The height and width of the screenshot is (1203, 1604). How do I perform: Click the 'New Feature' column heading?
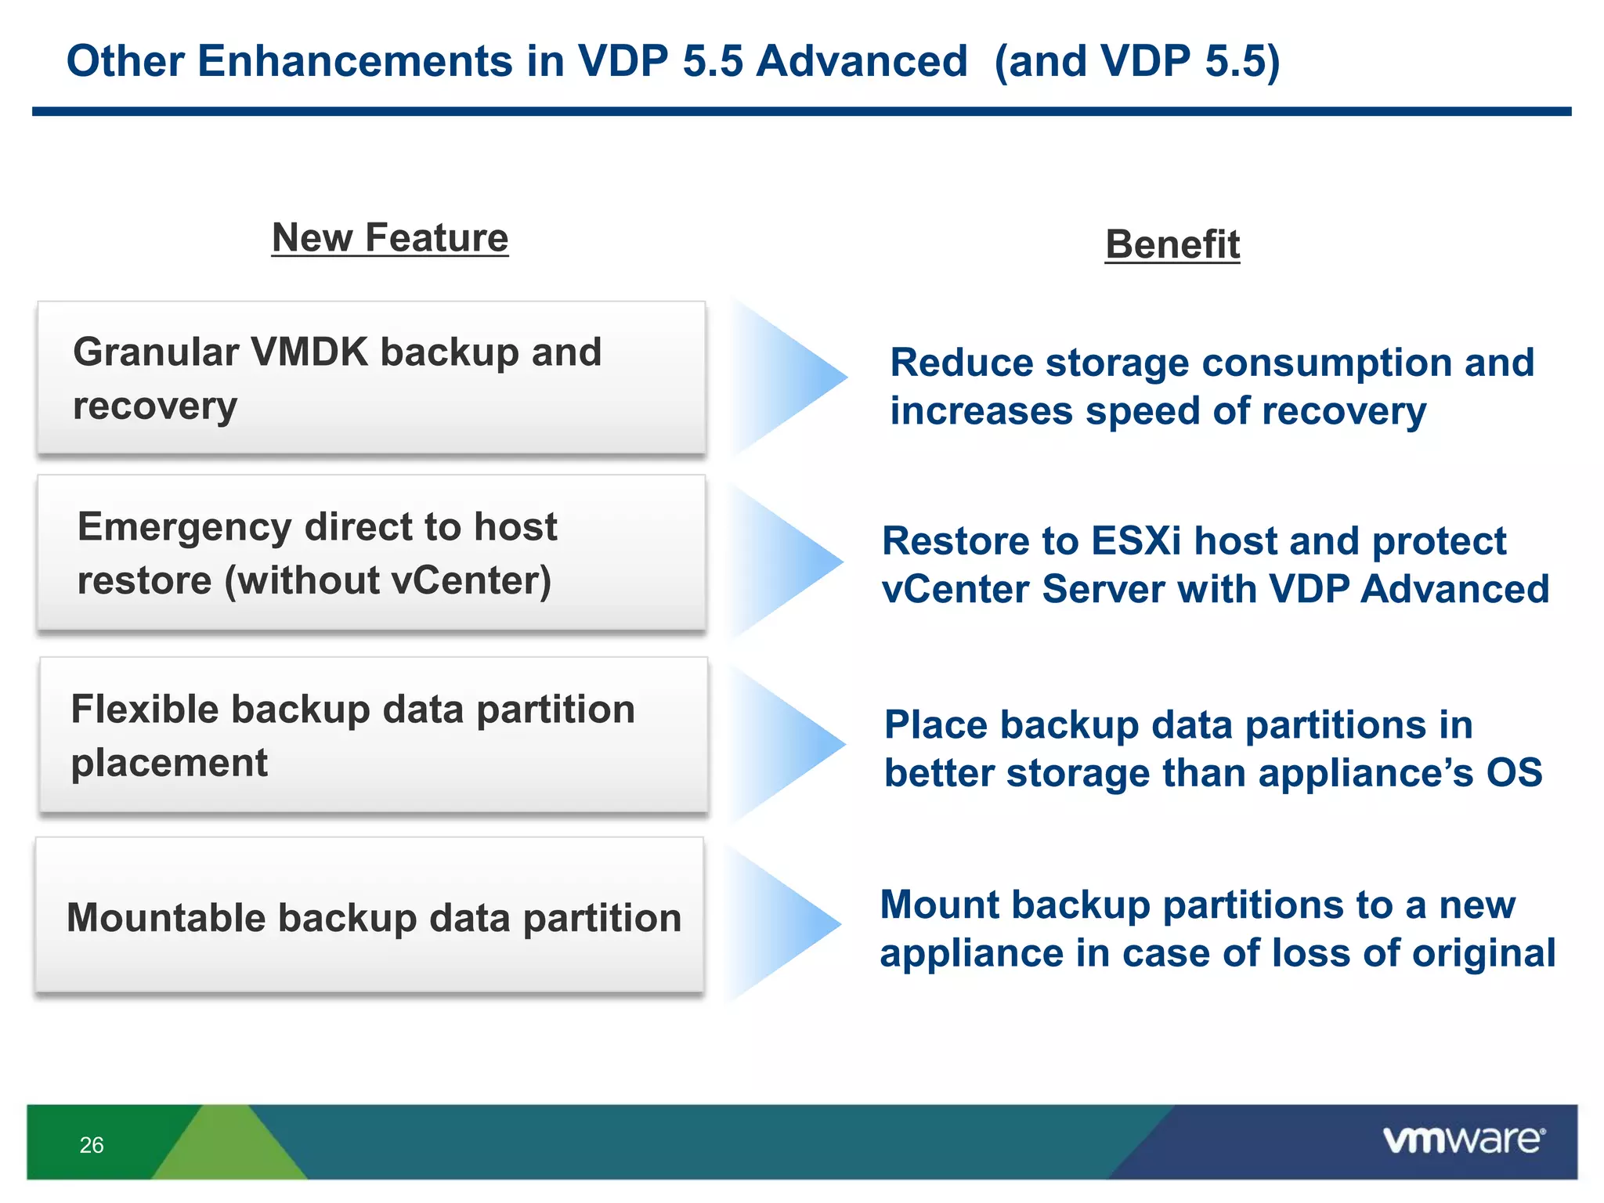[x=389, y=237]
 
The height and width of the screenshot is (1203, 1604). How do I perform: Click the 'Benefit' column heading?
[x=1172, y=244]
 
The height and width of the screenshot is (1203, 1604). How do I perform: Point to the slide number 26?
[x=92, y=1145]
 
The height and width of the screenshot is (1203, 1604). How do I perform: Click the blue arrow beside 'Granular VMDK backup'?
[x=791, y=377]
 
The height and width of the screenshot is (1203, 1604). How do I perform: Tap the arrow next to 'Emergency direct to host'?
[x=787, y=561]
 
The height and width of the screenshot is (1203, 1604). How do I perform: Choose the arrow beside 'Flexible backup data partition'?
[x=789, y=742]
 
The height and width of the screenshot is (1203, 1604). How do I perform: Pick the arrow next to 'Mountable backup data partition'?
[x=785, y=924]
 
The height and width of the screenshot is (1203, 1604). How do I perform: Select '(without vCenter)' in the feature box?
[x=388, y=580]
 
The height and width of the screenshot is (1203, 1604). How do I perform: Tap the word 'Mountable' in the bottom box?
[x=165, y=918]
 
